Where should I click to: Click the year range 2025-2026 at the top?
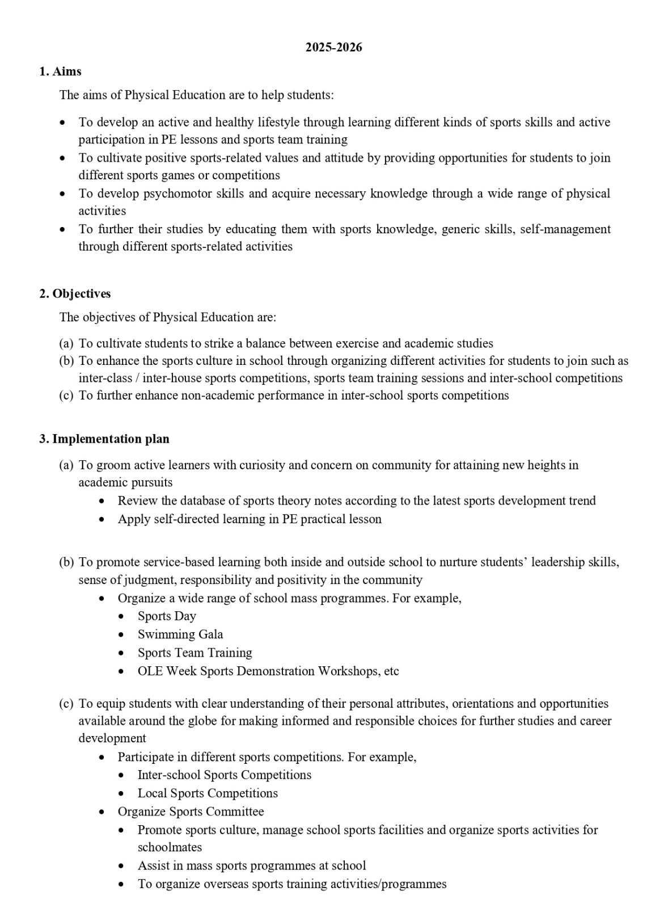(x=333, y=48)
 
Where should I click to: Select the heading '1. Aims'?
(x=60, y=72)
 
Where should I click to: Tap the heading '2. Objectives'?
(x=75, y=294)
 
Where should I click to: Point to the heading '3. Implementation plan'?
(x=104, y=439)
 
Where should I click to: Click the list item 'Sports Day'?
(x=167, y=616)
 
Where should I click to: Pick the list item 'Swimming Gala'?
(x=180, y=634)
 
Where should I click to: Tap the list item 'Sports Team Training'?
(x=195, y=653)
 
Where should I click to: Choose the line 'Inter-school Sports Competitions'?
(x=224, y=775)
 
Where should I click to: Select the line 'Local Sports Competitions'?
(x=208, y=793)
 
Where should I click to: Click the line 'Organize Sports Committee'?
(x=191, y=812)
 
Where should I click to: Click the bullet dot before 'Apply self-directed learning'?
(x=102, y=520)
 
